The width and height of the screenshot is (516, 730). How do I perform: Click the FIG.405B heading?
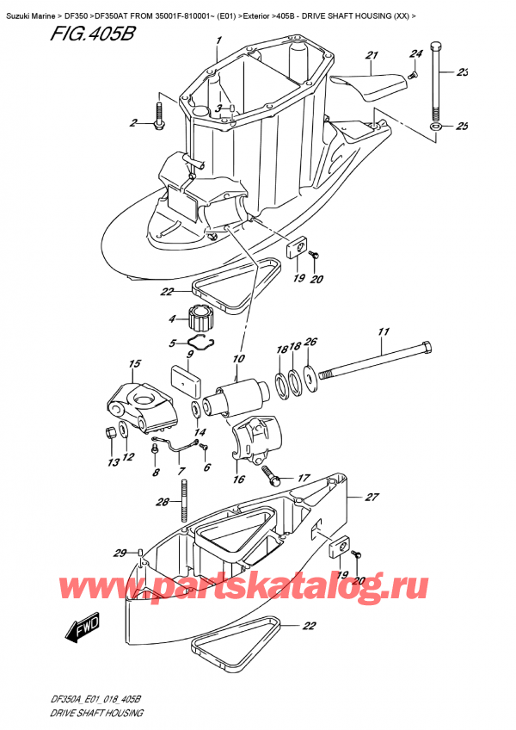91,34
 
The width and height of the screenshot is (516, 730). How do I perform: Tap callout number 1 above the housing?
218,40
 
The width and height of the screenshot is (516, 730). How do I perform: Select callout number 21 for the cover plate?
372,55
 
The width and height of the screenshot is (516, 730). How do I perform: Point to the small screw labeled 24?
412,73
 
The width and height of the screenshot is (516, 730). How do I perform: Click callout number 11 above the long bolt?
384,332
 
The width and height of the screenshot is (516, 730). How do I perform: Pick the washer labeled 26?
310,374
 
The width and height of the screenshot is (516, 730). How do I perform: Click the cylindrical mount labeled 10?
237,397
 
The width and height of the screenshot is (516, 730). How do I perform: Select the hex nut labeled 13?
111,432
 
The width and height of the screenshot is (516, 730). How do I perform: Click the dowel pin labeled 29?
140,552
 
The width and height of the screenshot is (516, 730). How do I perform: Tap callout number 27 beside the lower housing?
372,498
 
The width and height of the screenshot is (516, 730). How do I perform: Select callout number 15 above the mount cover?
134,363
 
